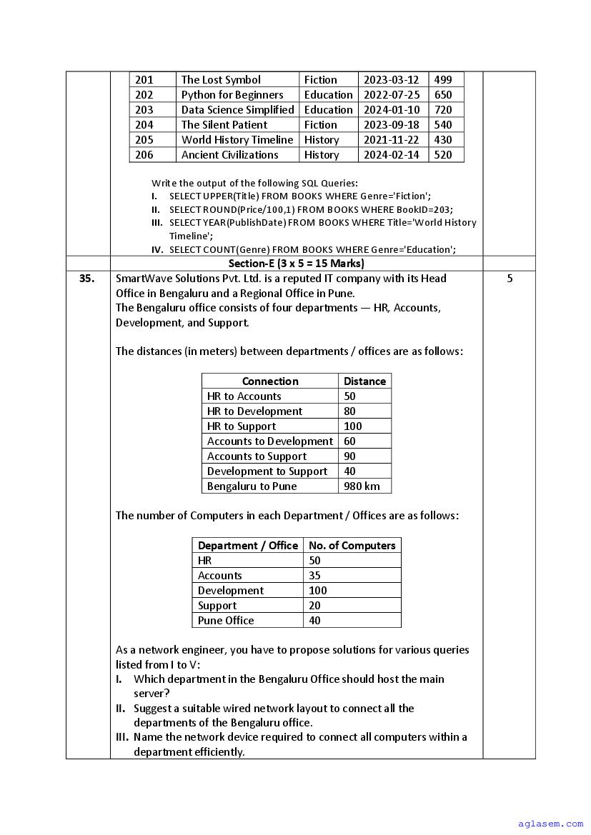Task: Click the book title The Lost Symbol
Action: click(221, 80)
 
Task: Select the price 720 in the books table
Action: click(443, 110)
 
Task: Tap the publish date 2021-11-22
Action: click(391, 140)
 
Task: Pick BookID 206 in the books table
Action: click(144, 155)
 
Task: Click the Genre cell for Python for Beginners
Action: click(328, 95)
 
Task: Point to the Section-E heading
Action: click(296, 263)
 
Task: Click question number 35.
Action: click(87, 279)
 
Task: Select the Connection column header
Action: click(270, 381)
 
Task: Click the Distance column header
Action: click(364, 381)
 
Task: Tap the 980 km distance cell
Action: click(362, 486)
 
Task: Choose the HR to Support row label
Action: click(241, 426)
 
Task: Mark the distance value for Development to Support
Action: click(349, 471)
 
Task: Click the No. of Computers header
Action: click(352, 546)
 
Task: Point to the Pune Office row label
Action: click(226, 621)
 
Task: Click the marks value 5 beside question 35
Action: click(510, 279)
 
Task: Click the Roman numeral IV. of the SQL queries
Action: click(157, 249)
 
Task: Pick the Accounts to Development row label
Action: click(269, 441)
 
